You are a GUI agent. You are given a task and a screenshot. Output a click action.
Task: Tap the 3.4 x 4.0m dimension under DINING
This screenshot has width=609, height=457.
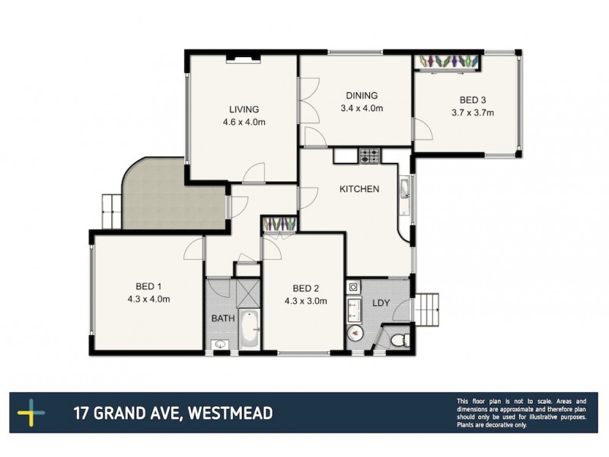point(362,109)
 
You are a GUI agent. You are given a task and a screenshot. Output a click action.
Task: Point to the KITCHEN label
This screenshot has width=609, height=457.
point(359,189)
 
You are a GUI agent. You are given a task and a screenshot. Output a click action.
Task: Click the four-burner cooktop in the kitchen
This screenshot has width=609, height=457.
point(370,156)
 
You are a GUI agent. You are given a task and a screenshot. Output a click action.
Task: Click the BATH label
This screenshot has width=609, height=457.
point(222,318)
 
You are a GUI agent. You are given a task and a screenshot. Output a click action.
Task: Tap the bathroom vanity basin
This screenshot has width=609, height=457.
point(220,345)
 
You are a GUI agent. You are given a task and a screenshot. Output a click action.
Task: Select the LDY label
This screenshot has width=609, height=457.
point(380,303)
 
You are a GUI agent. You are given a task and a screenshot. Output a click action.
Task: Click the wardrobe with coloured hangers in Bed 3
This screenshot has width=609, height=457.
point(448,61)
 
